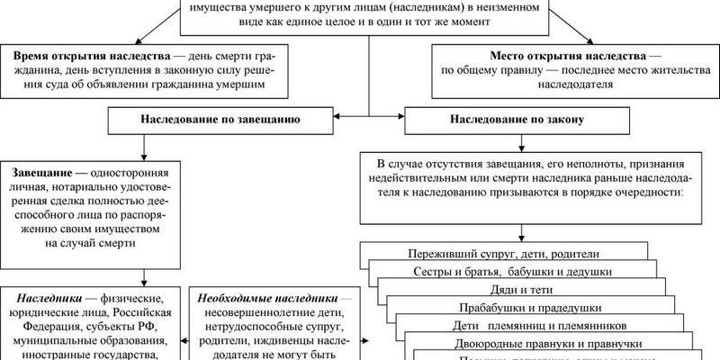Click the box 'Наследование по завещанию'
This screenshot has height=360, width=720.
(220, 119)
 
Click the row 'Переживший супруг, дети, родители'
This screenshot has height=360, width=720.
(503, 255)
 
